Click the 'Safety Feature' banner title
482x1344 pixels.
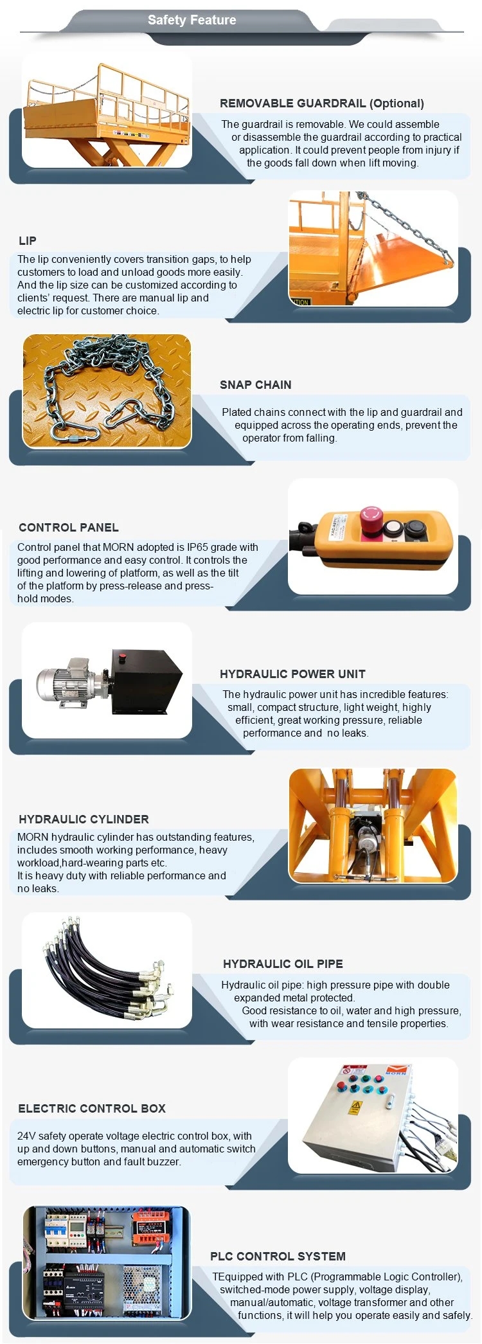tap(192, 20)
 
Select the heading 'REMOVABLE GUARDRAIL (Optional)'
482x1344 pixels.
tap(322, 103)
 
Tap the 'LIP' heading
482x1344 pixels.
tap(28, 241)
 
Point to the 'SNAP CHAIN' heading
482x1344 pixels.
tap(256, 385)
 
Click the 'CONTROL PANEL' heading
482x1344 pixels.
tap(69, 528)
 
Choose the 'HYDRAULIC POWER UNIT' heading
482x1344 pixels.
tap(292, 674)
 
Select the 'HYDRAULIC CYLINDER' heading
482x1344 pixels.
tap(84, 820)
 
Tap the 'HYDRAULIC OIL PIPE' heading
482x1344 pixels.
tap(283, 964)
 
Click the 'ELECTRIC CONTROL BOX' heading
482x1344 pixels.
tap(92, 1109)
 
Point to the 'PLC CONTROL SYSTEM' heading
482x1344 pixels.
tap(278, 1257)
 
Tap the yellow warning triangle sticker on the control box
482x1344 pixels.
tap(355, 1107)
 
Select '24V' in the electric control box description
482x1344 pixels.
tap(26, 1136)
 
